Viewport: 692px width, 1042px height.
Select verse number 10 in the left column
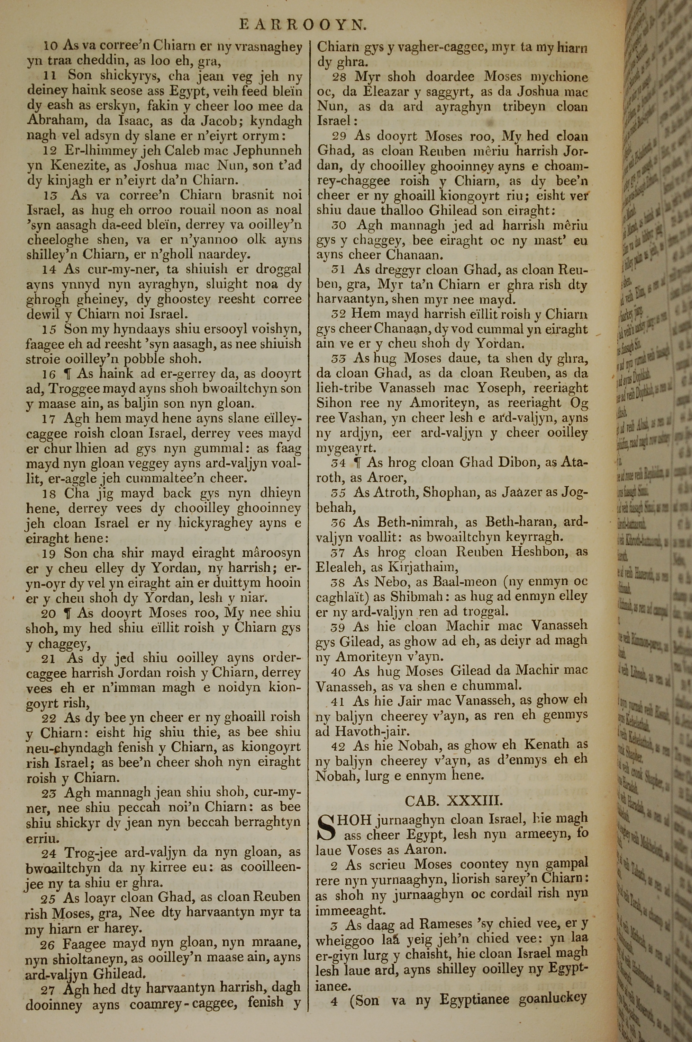(51, 46)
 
